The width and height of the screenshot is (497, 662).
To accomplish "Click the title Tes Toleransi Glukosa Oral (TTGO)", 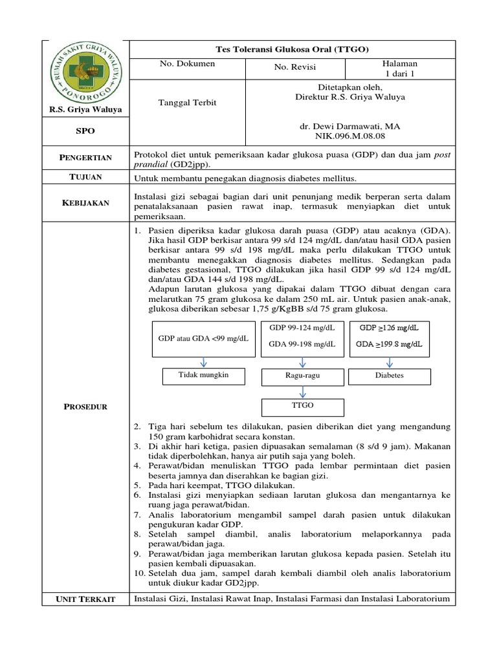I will point(293,48).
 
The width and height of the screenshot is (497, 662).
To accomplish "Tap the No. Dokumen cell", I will point(188,65).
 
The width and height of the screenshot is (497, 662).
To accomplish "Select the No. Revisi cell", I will point(296,67).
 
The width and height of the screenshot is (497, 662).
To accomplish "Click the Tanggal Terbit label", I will point(188,103).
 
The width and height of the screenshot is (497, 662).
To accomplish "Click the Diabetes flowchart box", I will point(390,376).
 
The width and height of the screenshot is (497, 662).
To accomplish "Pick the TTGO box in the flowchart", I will point(302,406).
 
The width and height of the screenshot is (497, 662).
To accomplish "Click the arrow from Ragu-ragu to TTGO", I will point(302,390).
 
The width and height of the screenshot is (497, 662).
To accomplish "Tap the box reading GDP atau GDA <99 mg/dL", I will point(203,339).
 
